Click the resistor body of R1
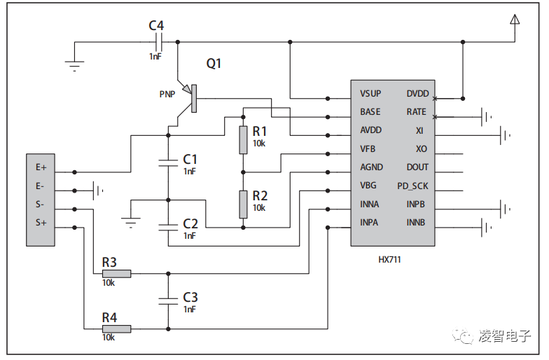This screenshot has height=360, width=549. click(x=243, y=140)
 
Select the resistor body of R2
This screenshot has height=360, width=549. click(x=243, y=204)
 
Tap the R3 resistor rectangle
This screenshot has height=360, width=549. click(x=116, y=274)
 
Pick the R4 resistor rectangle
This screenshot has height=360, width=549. click(x=116, y=328)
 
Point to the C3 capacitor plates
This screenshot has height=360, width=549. click(x=168, y=300)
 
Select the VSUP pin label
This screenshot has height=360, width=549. click(x=370, y=94)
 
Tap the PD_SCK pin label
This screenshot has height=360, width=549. click(x=412, y=186)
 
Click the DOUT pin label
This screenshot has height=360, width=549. click(x=417, y=167)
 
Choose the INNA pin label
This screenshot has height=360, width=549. click(x=370, y=205)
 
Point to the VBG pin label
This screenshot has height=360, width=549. click(x=368, y=186)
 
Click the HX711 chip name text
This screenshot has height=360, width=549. click(x=389, y=259)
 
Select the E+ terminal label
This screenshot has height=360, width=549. click(x=41, y=168)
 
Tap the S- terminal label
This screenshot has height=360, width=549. click(x=40, y=205)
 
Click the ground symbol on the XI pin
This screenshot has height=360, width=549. click(x=505, y=132)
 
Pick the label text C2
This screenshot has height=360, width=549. click(x=190, y=223)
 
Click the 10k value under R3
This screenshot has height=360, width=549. click(x=109, y=282)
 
